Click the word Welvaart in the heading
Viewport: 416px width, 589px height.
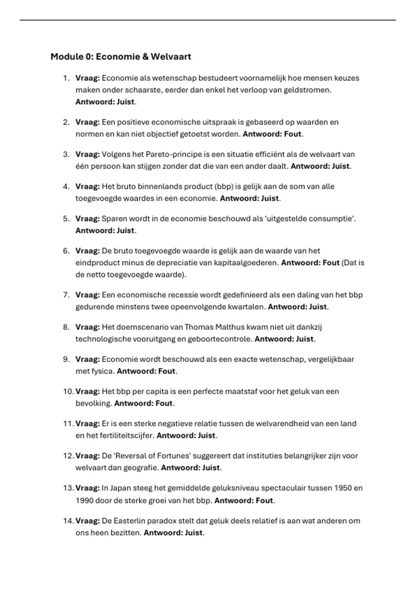171,56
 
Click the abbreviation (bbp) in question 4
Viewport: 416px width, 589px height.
224,186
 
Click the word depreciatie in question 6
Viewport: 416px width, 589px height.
174,263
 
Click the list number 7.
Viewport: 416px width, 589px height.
66,295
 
